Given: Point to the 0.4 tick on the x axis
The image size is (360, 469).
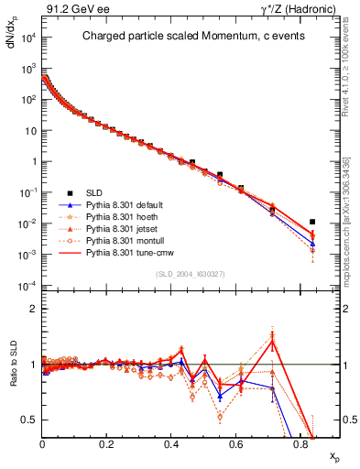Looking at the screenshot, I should [172, 443].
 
